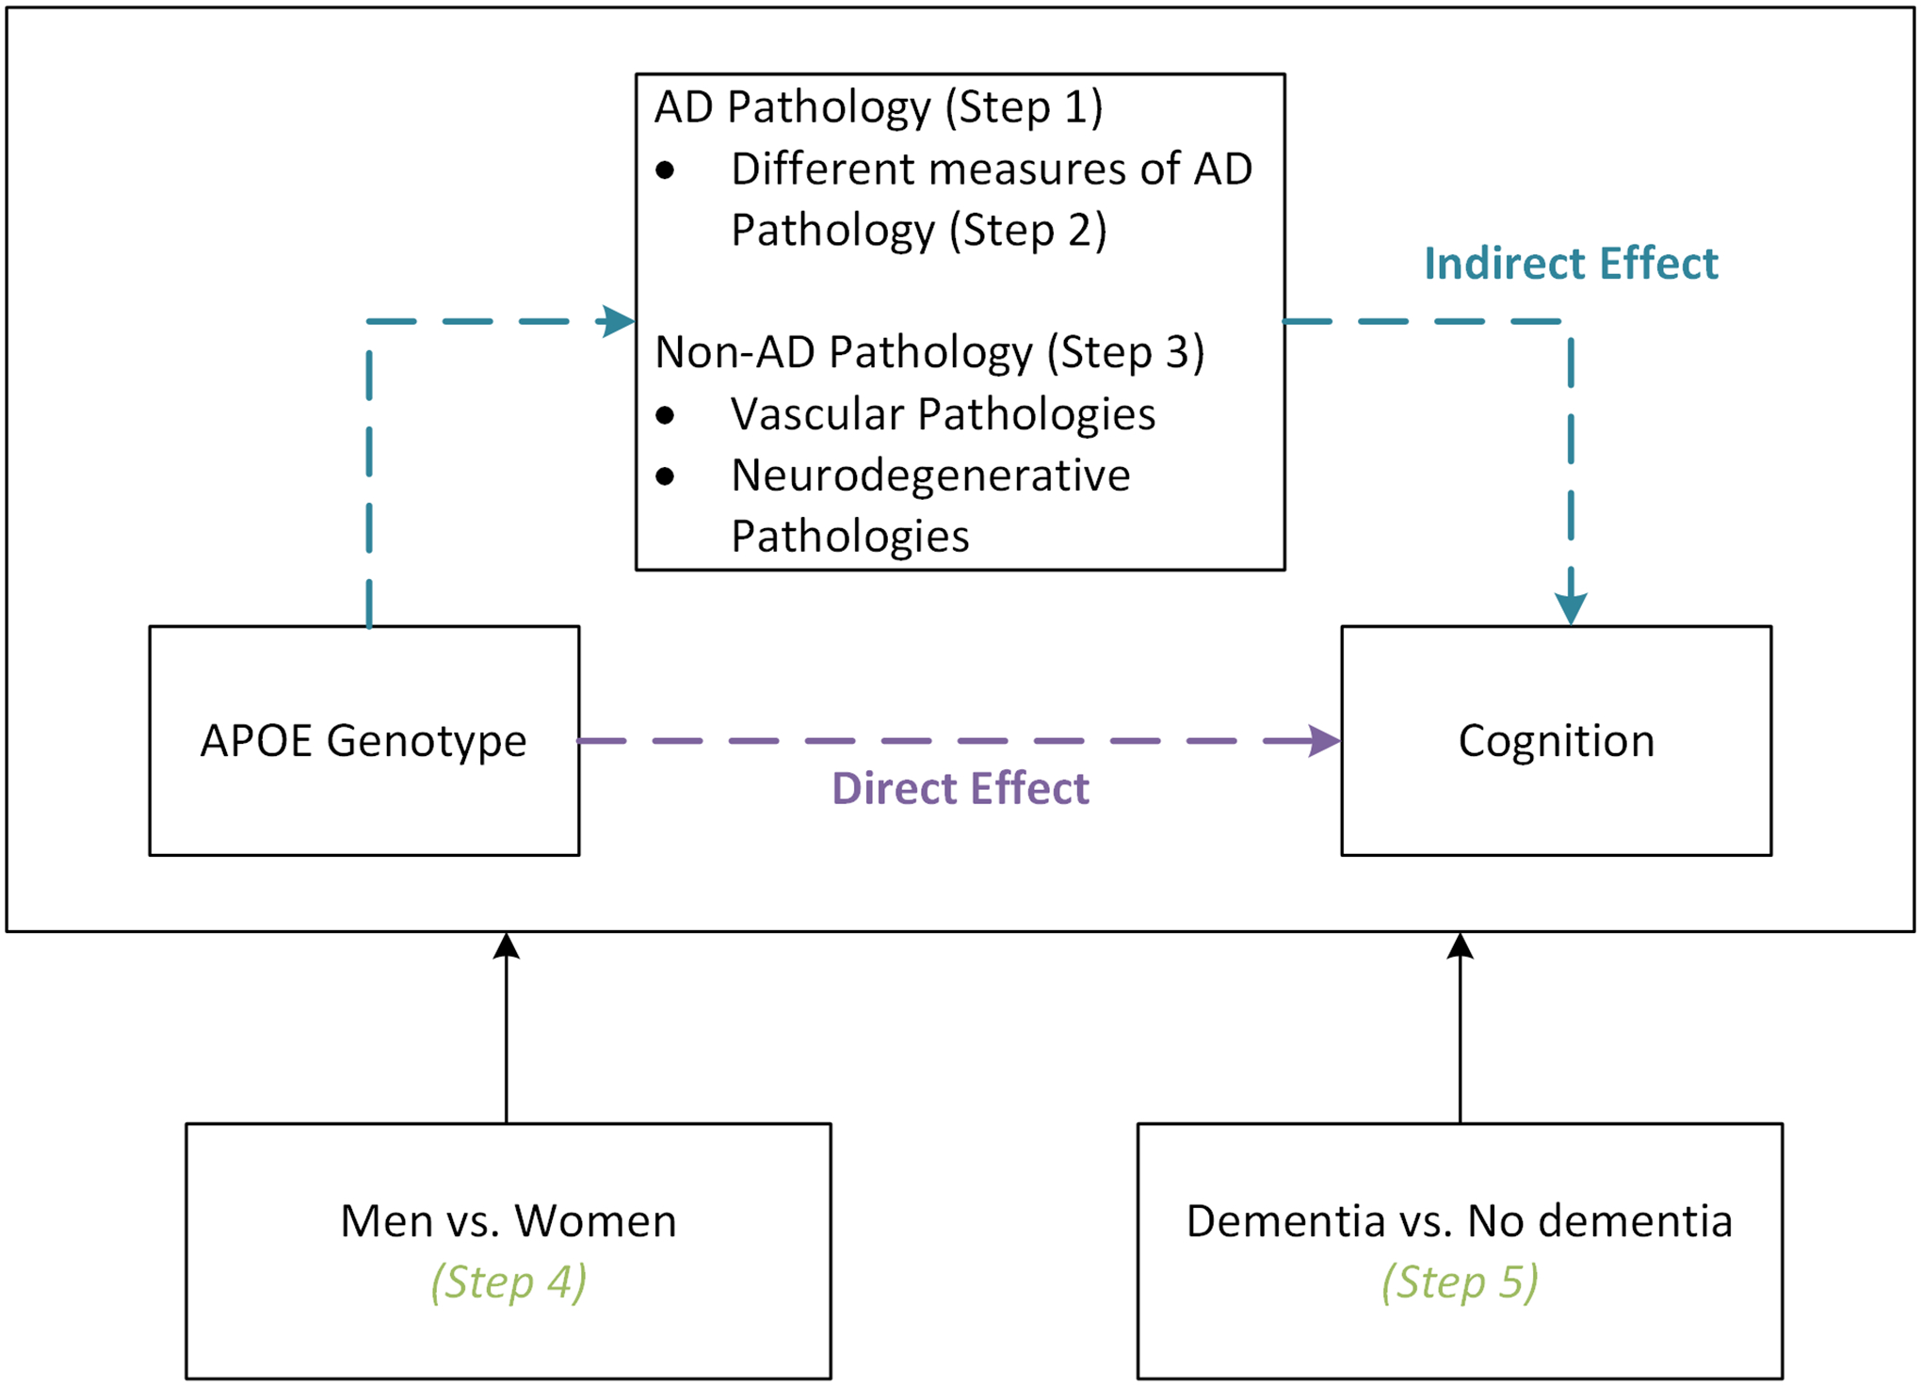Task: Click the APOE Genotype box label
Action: [x=363, y=740]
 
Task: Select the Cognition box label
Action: [x=1556, y=740]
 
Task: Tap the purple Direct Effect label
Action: [x=960, y=788]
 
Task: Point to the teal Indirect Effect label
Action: [x=1571, y=263]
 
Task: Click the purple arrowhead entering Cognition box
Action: [x=1325, y=741]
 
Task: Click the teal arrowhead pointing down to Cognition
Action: [x=1571, y=608]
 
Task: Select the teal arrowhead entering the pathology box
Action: [x=619, y=321]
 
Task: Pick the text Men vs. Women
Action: [x=508, y=1220]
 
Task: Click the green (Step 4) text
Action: [x=508, y=1281]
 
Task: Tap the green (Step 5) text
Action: [x=1460, y=1281]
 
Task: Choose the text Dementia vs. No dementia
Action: [x=1459, y=1220]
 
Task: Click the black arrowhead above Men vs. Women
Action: [x=507, y=946]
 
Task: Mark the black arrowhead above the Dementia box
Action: [x=1460, y=946]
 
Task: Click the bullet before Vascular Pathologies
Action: [x=666, y=415]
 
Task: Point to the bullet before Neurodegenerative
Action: [x=666, y=476]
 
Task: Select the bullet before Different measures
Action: [x=666, y=170]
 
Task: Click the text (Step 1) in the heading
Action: [x=1024, y=106]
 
